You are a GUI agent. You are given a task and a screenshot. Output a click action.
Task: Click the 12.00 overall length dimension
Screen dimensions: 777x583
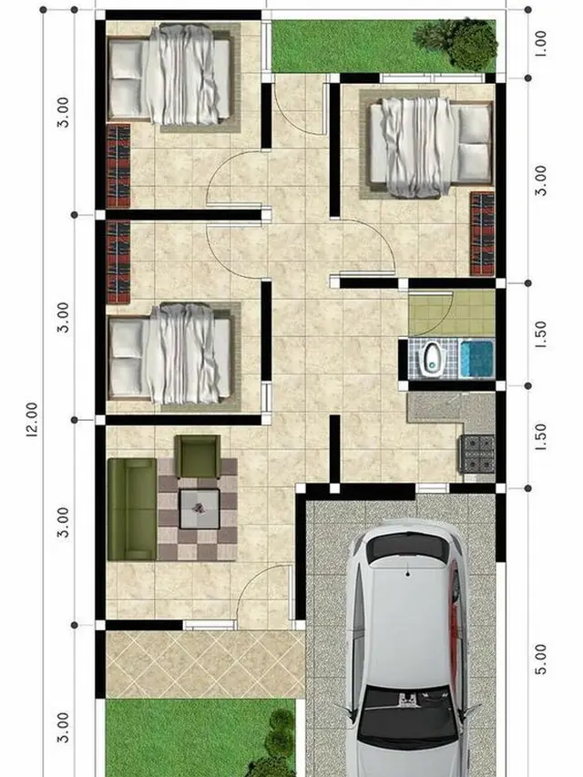coord(33,420)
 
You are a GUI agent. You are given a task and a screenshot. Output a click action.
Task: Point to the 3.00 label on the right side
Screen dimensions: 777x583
coord(540,180)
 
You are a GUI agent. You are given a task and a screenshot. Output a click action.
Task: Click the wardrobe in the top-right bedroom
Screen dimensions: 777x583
coord(481,232)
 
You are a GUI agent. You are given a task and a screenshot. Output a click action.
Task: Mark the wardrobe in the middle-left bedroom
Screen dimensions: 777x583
coord(118,261)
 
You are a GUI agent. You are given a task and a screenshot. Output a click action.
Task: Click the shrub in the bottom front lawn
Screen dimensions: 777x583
coord(281,738)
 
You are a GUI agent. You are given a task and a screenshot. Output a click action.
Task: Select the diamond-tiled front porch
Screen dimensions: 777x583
coord(200,663)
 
